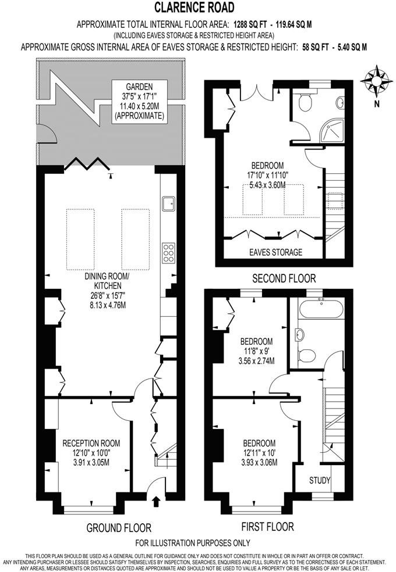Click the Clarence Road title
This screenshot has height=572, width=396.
(x=195, y=8)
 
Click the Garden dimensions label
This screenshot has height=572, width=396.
(x=139, y=102)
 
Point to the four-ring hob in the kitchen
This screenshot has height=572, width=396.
(x=169, y=253)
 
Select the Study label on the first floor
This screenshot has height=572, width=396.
(x=320, y=481)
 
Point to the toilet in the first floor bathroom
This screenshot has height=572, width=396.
(x=310, y=354)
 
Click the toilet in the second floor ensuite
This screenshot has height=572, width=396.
(x=303, y=103)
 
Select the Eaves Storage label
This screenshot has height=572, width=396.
(x=275, y=252)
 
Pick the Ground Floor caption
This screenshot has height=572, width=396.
(x=119, y=528)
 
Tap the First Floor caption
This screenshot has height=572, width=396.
(x=267, y=527)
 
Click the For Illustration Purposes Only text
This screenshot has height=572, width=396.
(x=193, y=543)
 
